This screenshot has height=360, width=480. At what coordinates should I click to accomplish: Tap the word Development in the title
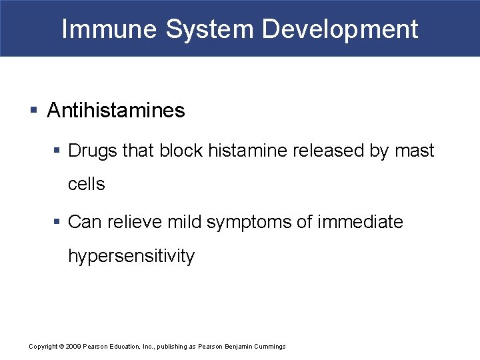pyautogui.click(x=341, y=29)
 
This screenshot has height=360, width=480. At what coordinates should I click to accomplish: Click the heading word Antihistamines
pyautogui.click(x=116, y=111)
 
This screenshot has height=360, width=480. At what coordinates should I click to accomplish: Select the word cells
pyautogui.click(x=87, y=185)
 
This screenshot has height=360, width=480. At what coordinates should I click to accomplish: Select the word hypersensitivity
pyautogui.click(x=131, y=256)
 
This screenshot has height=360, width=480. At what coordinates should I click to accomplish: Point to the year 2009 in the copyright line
pyautogui.click(x=73, y=347)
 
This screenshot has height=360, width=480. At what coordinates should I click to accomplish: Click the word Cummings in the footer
pyautogui.click(x=269, y=347)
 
